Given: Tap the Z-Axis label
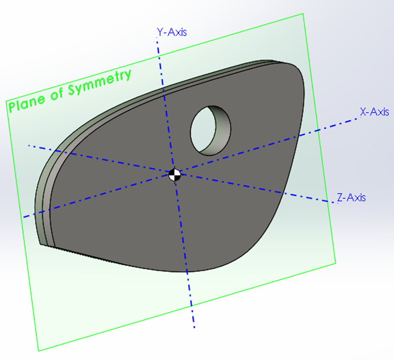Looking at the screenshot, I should click(351, 197).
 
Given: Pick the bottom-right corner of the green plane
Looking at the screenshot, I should click(336, 263).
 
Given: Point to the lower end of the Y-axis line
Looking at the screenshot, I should click(194, 326).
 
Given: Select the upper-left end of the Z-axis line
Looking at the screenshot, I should click(28, 146).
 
